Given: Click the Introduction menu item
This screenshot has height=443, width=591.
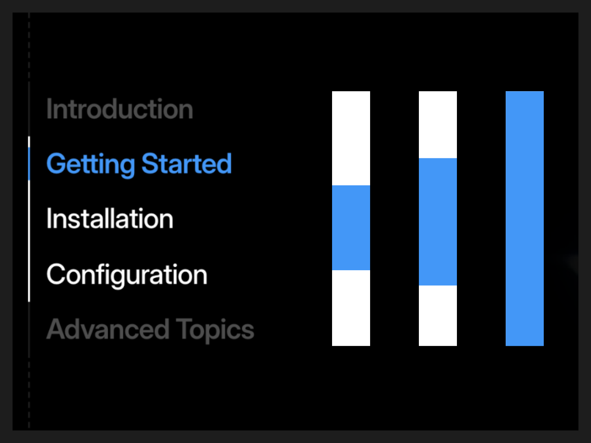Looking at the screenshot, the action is pyautogui.click(x=120, y=109).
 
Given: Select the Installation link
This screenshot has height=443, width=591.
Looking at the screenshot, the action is pyautogui.click(x=110, y=219).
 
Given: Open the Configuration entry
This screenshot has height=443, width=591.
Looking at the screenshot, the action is pyautogui.click(x=127, y=275).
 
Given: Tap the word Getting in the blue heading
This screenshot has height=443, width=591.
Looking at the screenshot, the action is pyautogui.click(x=91, y=164).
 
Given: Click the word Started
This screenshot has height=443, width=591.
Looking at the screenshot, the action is pyautogui.click(x=187, y=163).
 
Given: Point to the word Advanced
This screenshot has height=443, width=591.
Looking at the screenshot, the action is pyautogui.click(x=108, y=329).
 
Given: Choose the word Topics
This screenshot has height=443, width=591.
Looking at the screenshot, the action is pyautogui.click(x=215, y=330).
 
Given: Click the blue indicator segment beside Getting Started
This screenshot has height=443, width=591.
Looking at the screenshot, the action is pyautogui.click(x=29, y=164).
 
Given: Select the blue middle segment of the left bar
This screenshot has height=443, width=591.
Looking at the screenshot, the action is pyautogui.click(x=351, y=227).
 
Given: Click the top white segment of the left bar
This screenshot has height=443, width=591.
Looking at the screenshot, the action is pyautogui.click(x=351, y=138).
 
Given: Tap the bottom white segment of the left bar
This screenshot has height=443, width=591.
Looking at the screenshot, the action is pyautogui.click(x=351, y=308).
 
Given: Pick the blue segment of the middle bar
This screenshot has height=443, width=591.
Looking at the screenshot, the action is pyautogui.click(x=438, y=221).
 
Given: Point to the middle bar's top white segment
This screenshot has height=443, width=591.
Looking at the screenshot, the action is pyautogui.click(x=438, y=124).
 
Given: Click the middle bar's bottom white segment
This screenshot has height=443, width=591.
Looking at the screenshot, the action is pyautogui.click(x=438, y=316).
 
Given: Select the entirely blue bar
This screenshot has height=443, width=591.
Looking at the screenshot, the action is pyautogui.click(x=525, y=219).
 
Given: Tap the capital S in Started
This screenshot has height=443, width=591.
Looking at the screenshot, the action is pyautogui.click(x=150, y=164).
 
